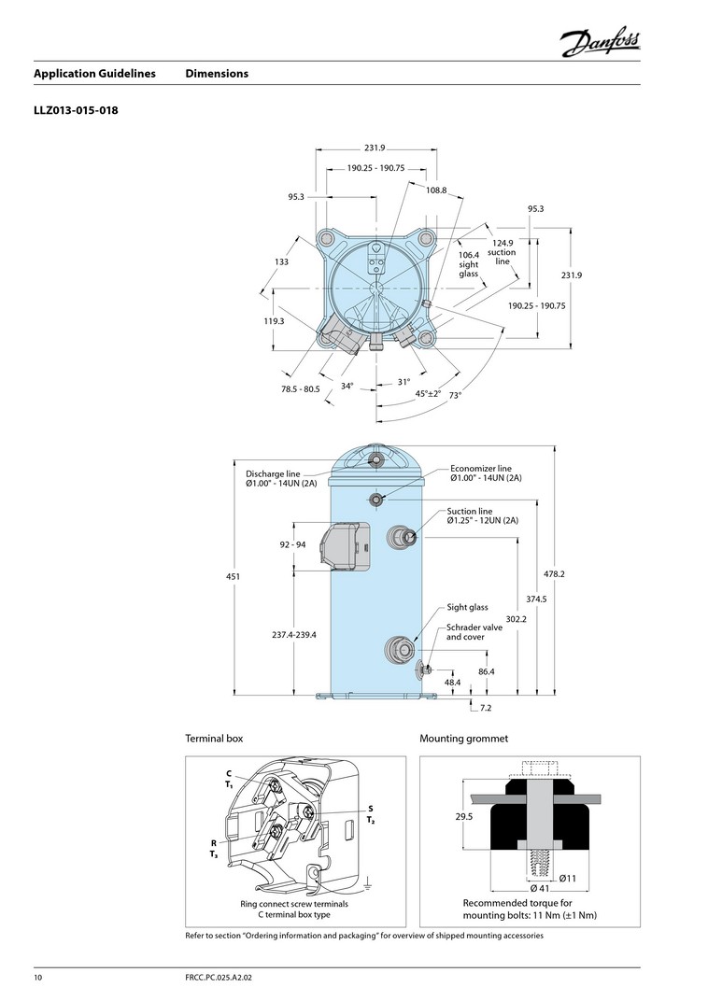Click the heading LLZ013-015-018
pos(76,110)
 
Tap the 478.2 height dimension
pos(555,573)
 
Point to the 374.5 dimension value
pos(536,599)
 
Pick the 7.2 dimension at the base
pos(486,709)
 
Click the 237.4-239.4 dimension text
pos(294,634)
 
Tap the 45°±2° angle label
pos(428,393)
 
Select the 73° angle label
pos(455,396)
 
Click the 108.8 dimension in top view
pos(436,190)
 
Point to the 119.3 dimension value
pos(274,320)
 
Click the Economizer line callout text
pos(485,473)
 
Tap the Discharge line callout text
pos(281,479)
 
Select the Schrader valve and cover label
pos(474,632)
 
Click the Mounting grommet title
pos(463,739)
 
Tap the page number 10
pos(38,979)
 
